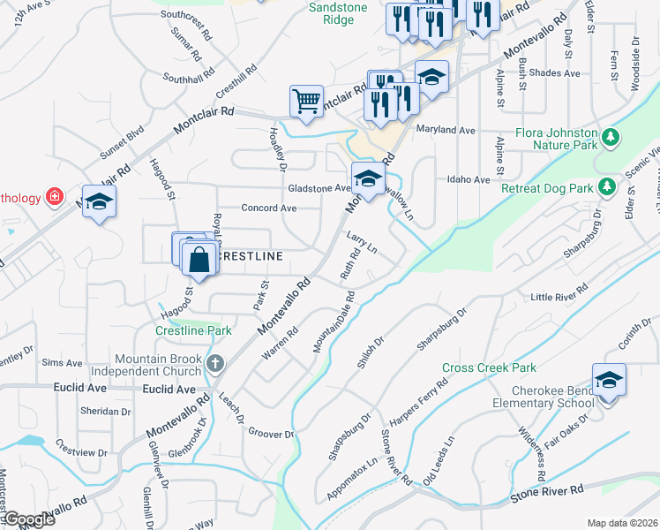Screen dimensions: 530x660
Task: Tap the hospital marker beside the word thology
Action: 54,195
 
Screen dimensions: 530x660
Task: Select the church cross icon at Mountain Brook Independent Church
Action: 214,363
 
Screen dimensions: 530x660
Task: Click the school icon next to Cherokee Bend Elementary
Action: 609,379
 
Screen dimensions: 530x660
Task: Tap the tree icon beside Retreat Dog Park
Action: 606,186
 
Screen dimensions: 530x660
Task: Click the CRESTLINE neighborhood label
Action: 251,256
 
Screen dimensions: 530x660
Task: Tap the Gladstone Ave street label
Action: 319,188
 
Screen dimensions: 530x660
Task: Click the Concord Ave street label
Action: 269,208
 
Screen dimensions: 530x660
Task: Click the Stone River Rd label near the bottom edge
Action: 547,494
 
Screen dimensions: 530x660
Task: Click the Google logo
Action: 28,519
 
